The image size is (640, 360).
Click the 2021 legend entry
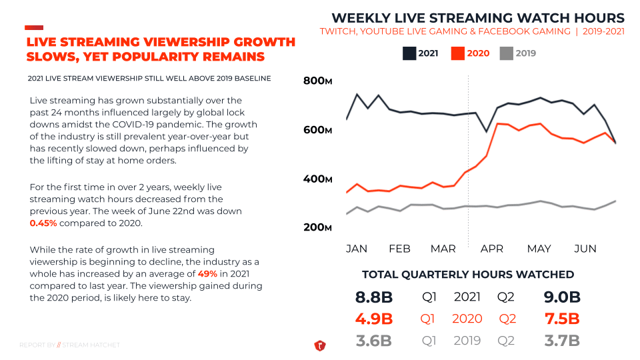(x=421, y=53)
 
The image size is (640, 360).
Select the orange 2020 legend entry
(x=470, y=53)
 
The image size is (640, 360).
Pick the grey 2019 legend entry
(x=518, y=53)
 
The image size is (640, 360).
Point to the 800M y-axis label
(x=317, y=81)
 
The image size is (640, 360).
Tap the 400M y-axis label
(x=317, y=179)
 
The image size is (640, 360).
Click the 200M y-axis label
(x=317, y=227)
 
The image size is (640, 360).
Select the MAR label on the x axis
(x=443, y=249)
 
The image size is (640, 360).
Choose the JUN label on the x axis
(x=585, y=249)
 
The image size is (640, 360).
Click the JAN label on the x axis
(x=357, y=249)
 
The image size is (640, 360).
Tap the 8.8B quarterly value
(x=373, y=297)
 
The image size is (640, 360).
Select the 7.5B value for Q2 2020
(x=562, y=319)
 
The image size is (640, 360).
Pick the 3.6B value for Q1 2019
(x=373, y=341)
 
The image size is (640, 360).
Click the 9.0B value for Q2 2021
(x=562, y=297)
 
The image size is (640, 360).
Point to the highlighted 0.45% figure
(x=44, y=223)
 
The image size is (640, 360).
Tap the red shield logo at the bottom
(x=319, y=345)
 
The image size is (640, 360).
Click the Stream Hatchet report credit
(x=70, y=345)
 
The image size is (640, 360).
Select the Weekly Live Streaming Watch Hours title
(x=478, y=18)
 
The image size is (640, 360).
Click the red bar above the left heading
(x=34, y=27)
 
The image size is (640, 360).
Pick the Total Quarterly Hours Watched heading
(x=468, y=275)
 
